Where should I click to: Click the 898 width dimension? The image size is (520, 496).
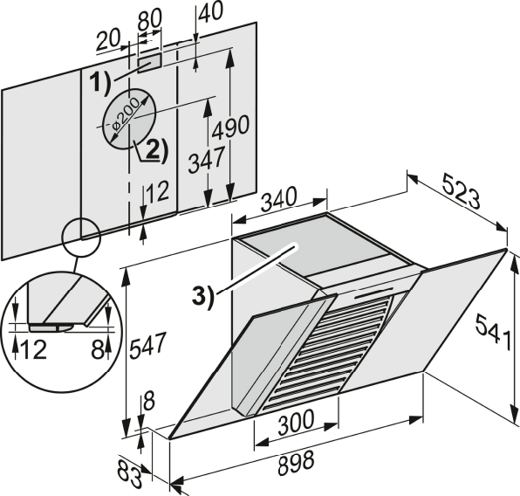(x=296, y=463)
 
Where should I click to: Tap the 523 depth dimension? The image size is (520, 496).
(x=462, y=195)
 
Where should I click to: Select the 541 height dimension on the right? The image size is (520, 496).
(x=493, y=333)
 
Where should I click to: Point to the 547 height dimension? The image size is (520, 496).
(x=147, y=346)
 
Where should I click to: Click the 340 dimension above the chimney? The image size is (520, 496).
(x=278, y=199)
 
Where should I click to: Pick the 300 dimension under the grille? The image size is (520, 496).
(x=295, y=422)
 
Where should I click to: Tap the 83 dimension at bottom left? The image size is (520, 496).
(x=130, y=473)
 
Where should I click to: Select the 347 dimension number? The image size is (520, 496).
(x=206, y=161)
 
